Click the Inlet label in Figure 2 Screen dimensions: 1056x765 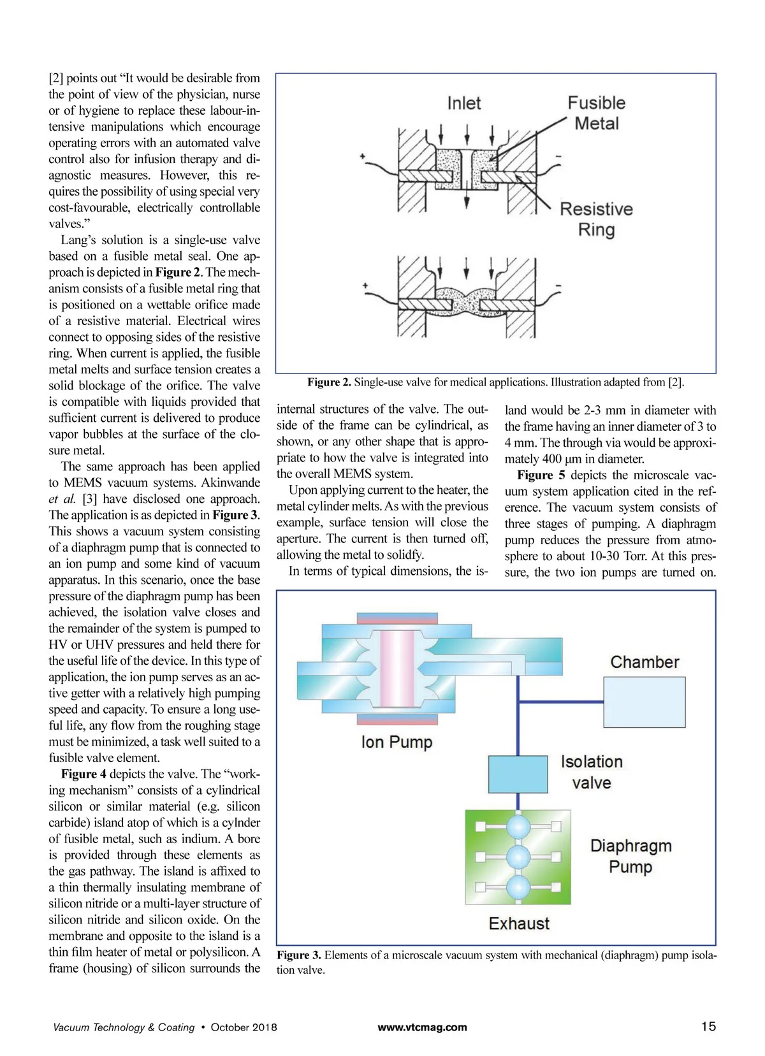pos(463,103)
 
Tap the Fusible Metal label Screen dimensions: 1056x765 pos(597,113)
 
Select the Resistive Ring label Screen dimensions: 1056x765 pos(596,219)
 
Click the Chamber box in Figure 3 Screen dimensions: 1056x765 pos(644,702)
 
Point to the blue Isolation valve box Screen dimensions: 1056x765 pos(518,774)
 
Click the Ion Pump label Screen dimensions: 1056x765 pos(397,742)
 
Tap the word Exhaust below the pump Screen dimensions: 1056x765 pos(519,923)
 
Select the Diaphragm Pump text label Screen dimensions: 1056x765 pos(630,856)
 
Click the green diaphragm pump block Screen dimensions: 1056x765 pos(518,857)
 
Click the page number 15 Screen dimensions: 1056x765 pos(708,1027)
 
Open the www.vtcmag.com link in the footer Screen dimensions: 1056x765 pos(422,1027)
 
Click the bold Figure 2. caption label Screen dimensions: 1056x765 pos(329,382)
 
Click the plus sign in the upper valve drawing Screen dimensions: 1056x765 pos(363,156)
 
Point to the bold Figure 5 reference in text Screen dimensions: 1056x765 pos(541,475)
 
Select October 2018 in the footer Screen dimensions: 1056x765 pos(244,1027)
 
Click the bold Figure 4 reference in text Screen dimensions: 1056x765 pos(84,774)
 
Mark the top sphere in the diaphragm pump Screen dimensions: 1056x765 pos(518,827)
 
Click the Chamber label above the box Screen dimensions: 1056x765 pos(645,662)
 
